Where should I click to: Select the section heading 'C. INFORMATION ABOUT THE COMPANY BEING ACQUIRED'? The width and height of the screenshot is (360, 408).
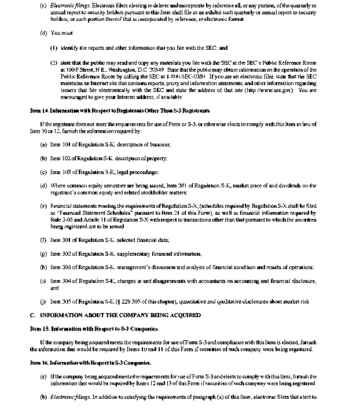(115, 315)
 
